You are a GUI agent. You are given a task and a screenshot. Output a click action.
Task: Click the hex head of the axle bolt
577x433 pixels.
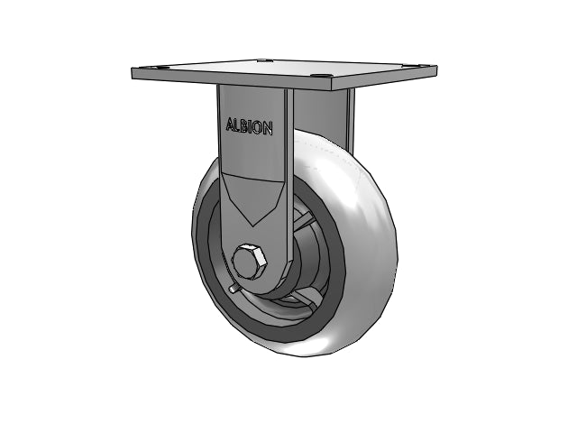click(249, 261)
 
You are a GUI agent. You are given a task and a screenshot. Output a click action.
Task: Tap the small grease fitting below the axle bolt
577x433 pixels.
click(233, 289)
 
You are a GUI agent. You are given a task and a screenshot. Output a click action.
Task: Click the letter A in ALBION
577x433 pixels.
click(231, 124)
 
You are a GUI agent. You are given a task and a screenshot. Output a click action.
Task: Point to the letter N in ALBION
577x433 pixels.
click(268, 128)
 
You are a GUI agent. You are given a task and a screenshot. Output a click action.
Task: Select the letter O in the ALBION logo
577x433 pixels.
click(258, 127)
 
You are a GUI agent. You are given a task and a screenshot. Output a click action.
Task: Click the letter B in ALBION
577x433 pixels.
click(244, 126)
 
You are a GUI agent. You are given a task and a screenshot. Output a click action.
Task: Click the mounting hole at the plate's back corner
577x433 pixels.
click(264, 60)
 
